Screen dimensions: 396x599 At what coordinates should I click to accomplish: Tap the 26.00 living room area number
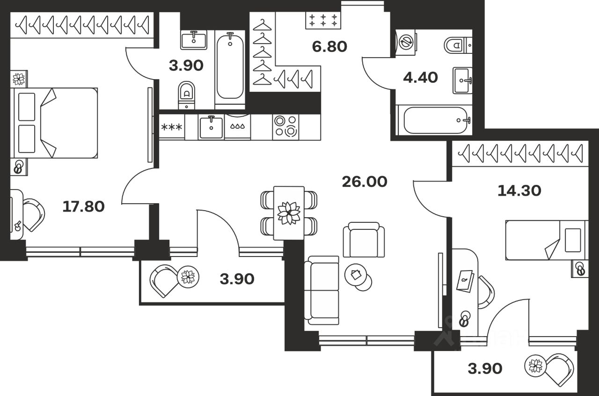(x=364, y=182)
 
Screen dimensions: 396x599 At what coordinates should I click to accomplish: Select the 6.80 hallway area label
(x=329, y=47)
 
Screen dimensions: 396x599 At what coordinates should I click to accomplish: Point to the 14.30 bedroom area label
(x=519, y=191)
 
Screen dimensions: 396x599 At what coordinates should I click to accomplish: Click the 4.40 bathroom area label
(x=420, y=77)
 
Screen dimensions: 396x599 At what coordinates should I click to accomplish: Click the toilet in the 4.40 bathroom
(x=457, y=45)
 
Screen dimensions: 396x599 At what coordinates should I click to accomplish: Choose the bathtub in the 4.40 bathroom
(x=435, y=120)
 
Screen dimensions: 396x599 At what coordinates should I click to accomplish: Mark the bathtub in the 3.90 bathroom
(x=230, y=66)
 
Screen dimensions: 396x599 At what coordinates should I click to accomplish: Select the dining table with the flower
(x=288, y=213)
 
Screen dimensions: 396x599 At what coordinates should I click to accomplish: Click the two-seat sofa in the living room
(x=321, y=290)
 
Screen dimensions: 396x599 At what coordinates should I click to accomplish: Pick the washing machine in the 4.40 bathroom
(x=405, y=40)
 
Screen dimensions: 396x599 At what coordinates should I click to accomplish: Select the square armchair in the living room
(x=364, y=240)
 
